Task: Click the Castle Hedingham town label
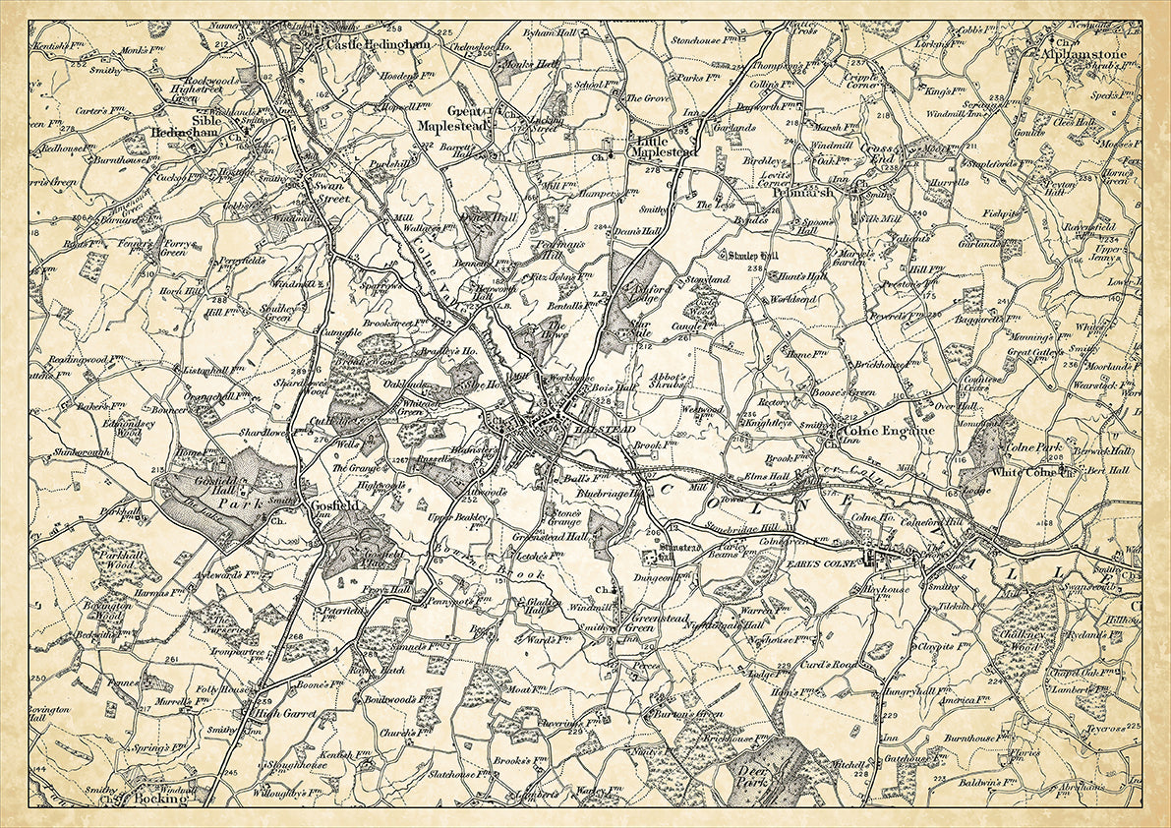365,44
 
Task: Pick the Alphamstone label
1085,55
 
